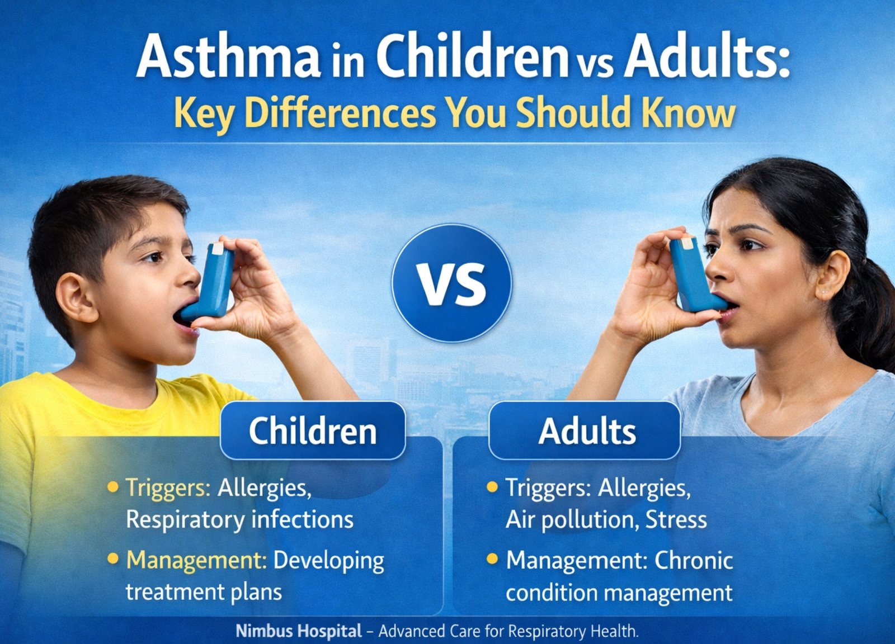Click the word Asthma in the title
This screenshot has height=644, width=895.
point(228,55)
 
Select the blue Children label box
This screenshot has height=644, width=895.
point(313,431)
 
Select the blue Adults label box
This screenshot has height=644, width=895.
point(585,431)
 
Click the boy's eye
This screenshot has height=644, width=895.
point(154,257)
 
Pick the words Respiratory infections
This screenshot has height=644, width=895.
point(240,519)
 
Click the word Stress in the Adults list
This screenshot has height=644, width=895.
point(676,519)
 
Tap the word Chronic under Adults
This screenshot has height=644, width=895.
point(694,561)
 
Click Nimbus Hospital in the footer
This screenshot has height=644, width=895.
point(299,631)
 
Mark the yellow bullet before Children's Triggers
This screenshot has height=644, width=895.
point(114,486)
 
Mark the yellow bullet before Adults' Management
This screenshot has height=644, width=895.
point(492,558)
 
